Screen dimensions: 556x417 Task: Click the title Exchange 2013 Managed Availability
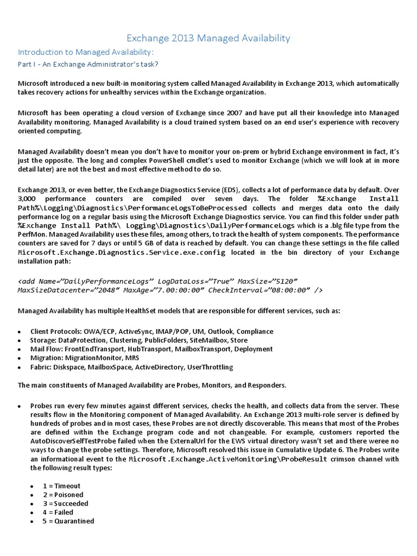coord(208,37)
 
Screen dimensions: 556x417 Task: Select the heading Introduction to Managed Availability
coord(86,52)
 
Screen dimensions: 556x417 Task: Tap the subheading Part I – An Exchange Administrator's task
coord(88,64)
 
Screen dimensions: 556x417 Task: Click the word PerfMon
coord(30,234)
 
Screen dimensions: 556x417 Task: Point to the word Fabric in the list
coord(41,367)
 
